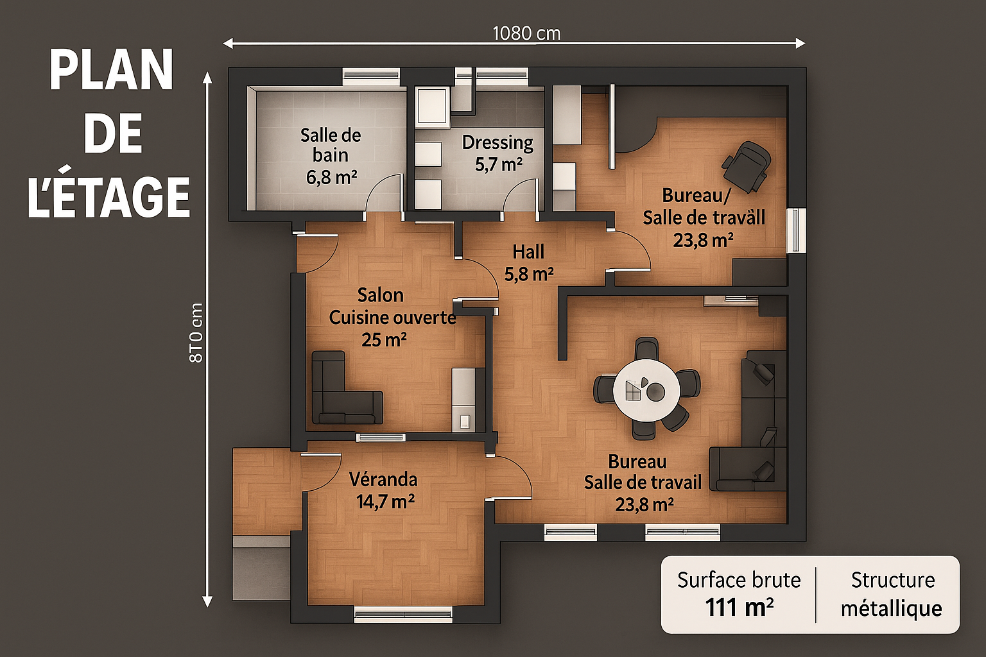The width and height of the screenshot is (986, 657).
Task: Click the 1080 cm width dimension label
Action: click(526, 34)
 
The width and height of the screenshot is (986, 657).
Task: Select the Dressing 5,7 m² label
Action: click(498, 153)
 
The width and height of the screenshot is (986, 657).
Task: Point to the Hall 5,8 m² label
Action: click(529, 262)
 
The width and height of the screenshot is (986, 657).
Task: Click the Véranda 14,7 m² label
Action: click(384, 490)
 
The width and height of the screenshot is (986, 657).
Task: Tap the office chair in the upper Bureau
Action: click(747, 167)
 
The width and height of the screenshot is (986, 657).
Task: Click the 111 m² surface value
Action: click(739, 608)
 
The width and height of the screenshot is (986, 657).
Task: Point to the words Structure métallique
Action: click(892, 595)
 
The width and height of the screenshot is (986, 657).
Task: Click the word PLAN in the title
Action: click(111, 71)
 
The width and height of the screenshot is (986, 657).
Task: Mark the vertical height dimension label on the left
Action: click(196, 333)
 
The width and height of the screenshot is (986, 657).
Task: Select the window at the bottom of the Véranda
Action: click(403, 614)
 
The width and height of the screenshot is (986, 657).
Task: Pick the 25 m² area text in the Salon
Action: click(384, 339)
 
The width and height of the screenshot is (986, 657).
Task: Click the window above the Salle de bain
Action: click(371, 76)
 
